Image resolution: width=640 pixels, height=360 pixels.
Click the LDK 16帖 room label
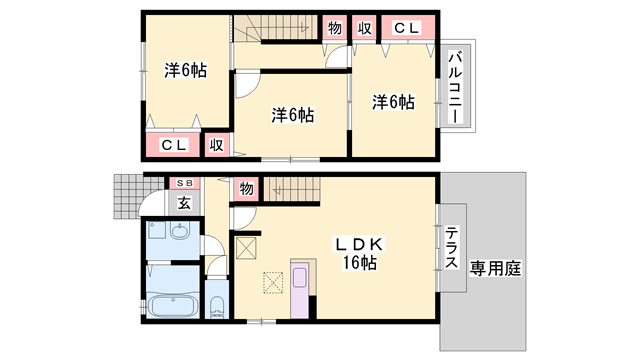tap(359, 253)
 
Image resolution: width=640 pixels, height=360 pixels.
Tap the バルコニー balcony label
tap(456, 87)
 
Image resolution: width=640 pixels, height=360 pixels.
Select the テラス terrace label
tap(451, 247)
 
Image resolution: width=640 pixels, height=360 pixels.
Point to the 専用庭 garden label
tap(495, 269)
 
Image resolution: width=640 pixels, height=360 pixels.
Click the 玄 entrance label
tap(184, 203)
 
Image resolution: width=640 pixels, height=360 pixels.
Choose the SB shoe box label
tap(184, 184)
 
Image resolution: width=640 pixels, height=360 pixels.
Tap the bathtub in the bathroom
tap(172, 305)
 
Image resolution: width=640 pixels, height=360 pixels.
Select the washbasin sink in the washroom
tap(180, 231)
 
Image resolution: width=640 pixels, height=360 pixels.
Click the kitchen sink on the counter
tap(300, 278)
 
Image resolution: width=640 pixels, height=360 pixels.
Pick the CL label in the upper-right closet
tap(407, 28)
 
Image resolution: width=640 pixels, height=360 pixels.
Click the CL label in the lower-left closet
tap(174, 145)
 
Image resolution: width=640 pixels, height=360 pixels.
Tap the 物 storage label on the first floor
tap(246, 189)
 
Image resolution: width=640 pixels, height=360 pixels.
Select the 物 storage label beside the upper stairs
tap(335, 28)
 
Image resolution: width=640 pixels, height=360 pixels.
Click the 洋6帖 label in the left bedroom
tap(185, 70)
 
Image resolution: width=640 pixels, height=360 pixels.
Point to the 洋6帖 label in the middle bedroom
tap(293, 115)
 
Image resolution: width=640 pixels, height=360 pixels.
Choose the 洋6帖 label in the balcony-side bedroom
tap(393, 102)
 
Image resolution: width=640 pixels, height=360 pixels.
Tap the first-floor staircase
tap(292, 189)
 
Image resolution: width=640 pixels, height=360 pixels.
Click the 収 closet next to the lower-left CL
tap(217, 145)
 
